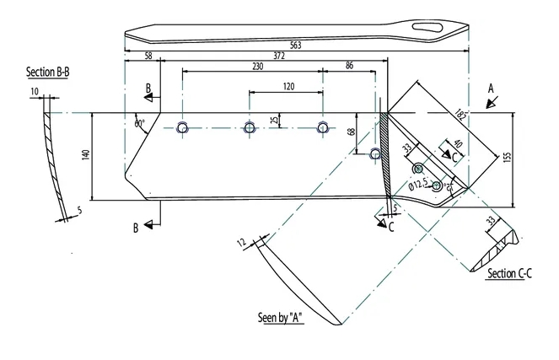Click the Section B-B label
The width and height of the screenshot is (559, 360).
46,73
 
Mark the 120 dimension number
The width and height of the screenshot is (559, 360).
288,87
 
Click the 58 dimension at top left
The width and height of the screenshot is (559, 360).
149,57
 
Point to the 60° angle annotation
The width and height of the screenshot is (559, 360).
139,124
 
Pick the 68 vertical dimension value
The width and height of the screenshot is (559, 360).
352,133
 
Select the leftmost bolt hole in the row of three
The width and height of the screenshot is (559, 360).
182,128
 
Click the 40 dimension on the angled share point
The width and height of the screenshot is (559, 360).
457,145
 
